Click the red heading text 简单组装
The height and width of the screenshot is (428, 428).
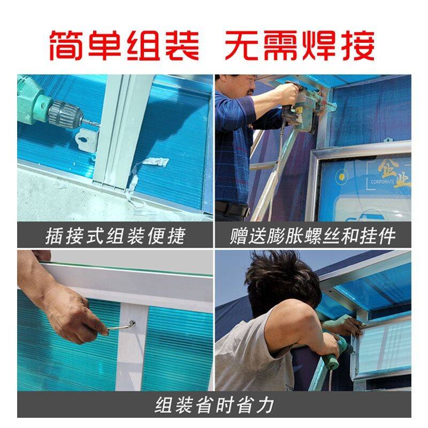click(x=125, y=45)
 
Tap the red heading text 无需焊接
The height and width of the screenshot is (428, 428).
click(x=300, y=45)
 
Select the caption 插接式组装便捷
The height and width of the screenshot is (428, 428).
click(x=116, y=236)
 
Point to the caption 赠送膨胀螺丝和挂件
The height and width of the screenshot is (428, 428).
click(x=312, y=236)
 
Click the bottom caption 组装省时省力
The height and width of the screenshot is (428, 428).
click(x=215, y=406)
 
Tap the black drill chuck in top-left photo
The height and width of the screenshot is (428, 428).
click(x=65, y=114)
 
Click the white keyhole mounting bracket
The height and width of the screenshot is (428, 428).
click(x=87, y=140)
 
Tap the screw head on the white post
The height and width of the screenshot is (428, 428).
click(x=133, y=323)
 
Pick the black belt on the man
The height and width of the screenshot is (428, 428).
click(x=233, y=209)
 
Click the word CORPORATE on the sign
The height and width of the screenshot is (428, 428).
click(x=382, y=181)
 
